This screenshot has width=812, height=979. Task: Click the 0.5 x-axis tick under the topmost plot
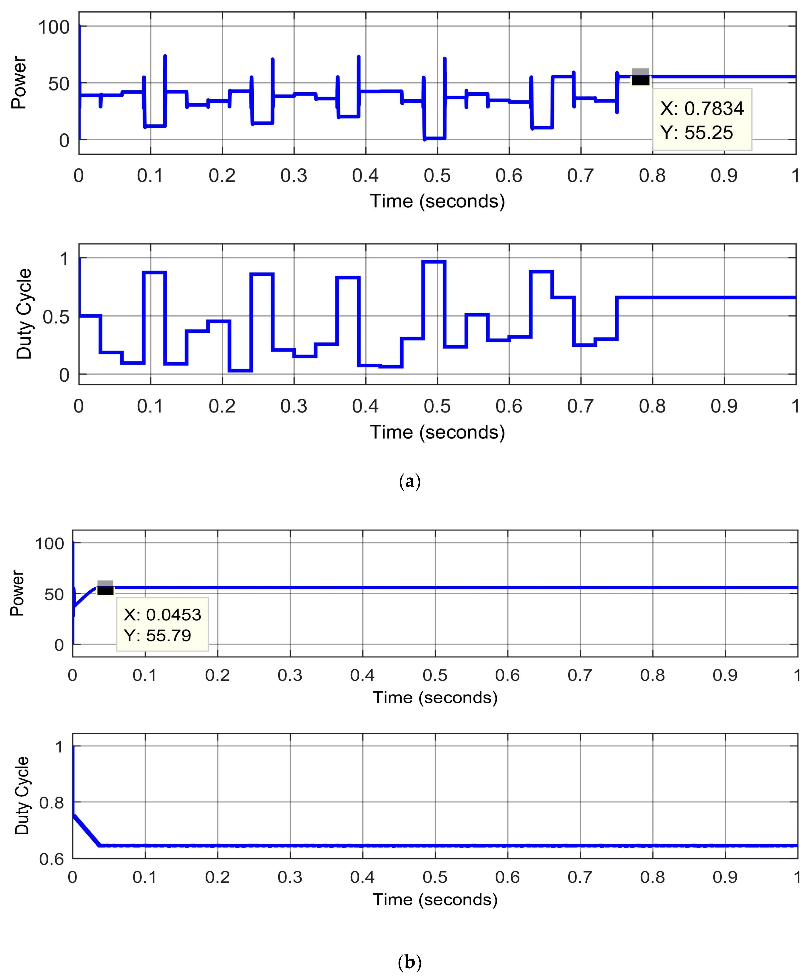click(437, 176)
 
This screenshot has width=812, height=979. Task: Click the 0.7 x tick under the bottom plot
click(580, 877)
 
